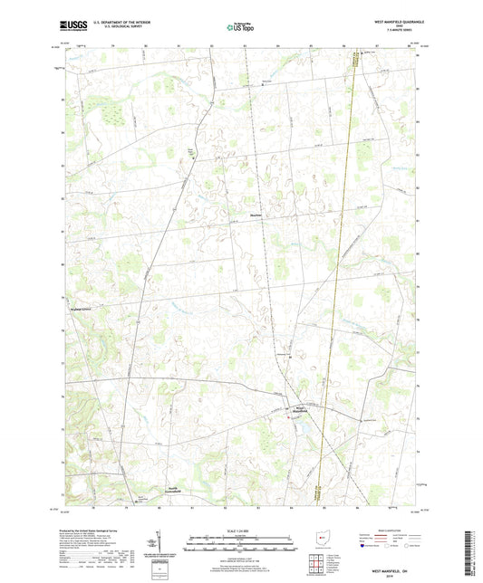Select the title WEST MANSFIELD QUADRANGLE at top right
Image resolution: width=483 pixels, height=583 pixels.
pyautogui.click(x=391, y=22)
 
